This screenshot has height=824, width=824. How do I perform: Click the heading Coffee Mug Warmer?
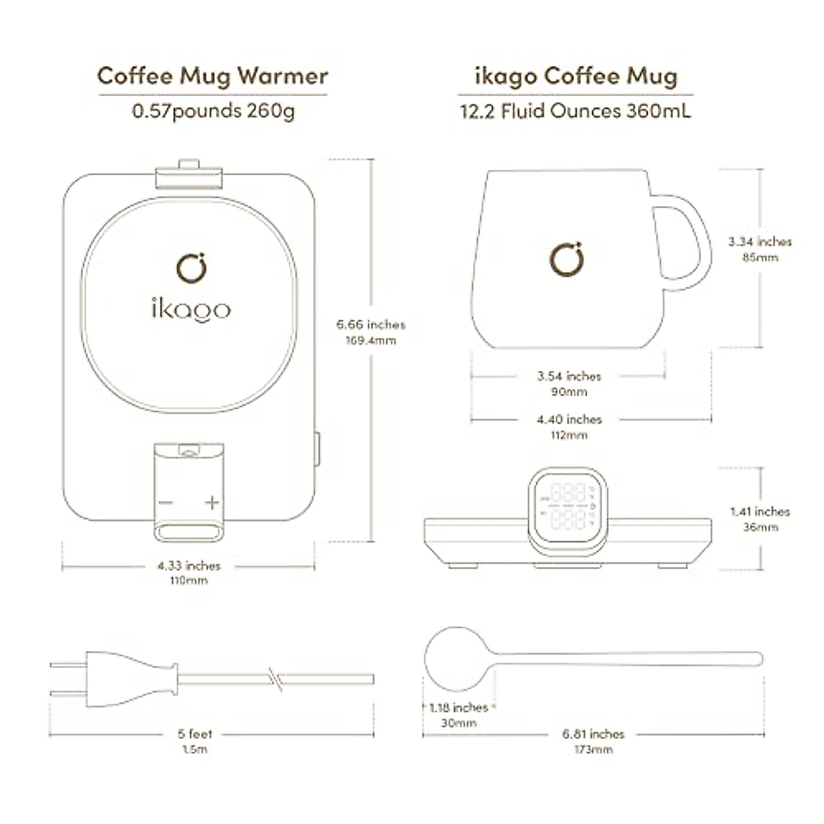tap(213, 76)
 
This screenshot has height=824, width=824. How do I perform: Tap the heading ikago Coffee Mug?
tap(575, 76)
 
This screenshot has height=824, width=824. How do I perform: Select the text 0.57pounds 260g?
tap(213, 111)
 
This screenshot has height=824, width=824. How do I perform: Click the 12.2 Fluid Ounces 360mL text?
tap(575, 111)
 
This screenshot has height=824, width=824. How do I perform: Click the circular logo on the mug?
tap(567, 260)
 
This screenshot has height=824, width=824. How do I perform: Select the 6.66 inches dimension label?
tap(371, 325)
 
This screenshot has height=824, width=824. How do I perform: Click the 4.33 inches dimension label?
tap(188, 566)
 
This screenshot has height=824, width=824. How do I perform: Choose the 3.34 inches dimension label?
tap(759, 242)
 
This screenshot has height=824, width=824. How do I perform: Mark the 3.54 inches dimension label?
tap(569, 376)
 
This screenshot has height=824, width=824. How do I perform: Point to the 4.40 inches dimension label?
tap(569, 419)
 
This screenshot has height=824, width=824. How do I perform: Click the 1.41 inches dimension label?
tap(759, 512)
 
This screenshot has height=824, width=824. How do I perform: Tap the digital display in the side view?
tap(568, 505)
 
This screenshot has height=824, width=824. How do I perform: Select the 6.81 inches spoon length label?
tap(593, 734)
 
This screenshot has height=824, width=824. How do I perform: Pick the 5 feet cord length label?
tap(194, 734)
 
